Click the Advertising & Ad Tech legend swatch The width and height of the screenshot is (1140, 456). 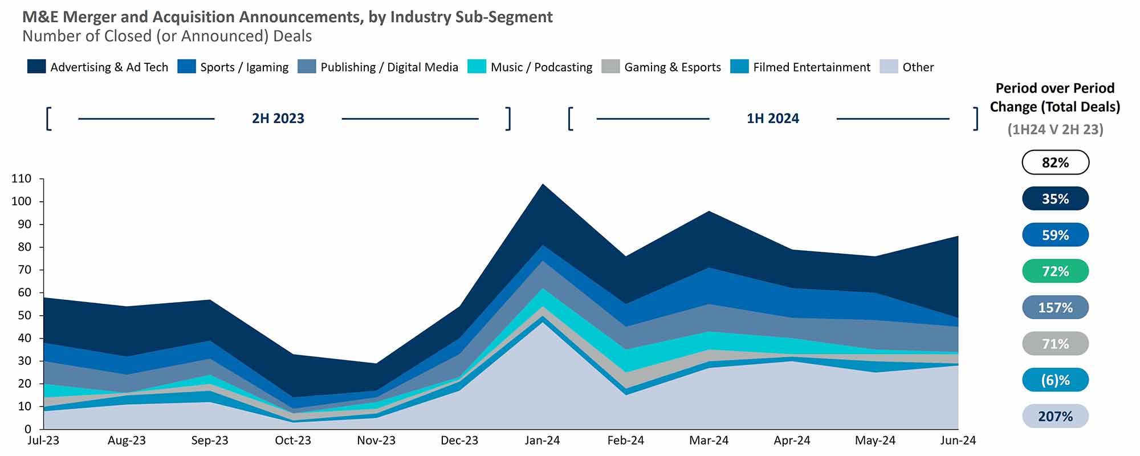pyautogui.click(x=36, y=67)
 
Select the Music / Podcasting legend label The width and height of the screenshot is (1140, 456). pyautogui.click(x=541, y=67)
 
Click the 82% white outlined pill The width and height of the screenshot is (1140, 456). pyautogui.click(x=1055, y=162)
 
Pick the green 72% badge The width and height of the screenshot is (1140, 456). pyautogui.click(x=1055, y=271)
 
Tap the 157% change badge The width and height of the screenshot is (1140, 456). pyautogui.click(x=1055, y=308)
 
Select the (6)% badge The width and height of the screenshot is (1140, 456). pyautogui.click(x=1055, y=380)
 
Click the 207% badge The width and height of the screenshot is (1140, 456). pyautogui.click(x=1055, y=416)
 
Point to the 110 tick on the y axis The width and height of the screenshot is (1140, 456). pyautogui.click(x=21, y=179)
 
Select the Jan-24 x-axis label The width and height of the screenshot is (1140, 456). pyautogui.click(x=542, y=441)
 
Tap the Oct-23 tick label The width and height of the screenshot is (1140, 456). pyautogui.click(x=293, y=441)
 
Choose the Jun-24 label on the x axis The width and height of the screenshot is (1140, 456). pyautogui.click(x=958, y=441)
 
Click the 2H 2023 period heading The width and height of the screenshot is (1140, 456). pyautogui.click(x=278, y=119)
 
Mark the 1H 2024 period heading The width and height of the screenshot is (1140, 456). pyautogui.click(x=772, y=119)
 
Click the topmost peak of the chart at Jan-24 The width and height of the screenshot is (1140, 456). pyautogui.click(x=542, y=184)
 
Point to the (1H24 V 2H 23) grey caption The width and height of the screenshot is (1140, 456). pyautogui.click(x=1055, y=129)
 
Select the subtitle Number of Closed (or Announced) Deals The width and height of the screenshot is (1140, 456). pyautogui.click(x=167, y=36)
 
